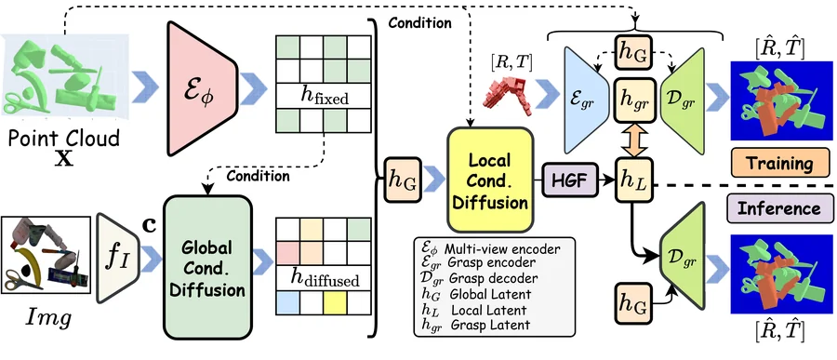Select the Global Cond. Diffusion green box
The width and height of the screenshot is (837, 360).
click(x=207, y=267)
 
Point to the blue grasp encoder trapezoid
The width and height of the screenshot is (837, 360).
click(x=586, y=100)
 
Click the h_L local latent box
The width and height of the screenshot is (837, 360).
click(x=634, y=180)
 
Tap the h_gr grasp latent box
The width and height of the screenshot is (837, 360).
click(x=634, y=100)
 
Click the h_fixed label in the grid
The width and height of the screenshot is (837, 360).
click(x=323, y=98)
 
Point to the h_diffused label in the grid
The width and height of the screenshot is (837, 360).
click(x=324, y=278)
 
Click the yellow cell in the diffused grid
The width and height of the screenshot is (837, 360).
click(x=335, y=303)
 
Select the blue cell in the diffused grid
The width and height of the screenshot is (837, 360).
click(x=287, y=303)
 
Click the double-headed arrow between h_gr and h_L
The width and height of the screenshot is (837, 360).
click(x=634, y=139)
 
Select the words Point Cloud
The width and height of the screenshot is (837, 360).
click(x=63, y=139)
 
